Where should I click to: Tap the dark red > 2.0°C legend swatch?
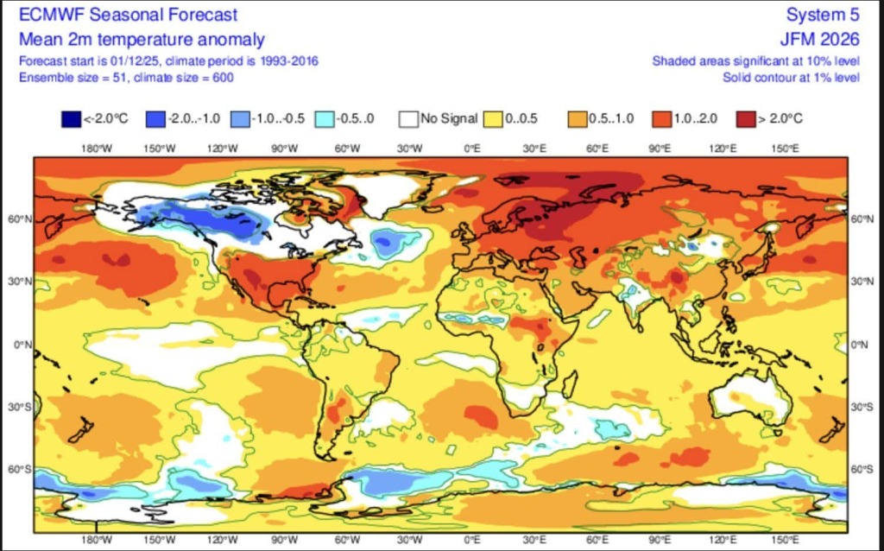[x=746, y=119]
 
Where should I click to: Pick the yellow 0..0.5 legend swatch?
[x=492, y=119]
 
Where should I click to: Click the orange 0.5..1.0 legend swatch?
[x=577, y=119]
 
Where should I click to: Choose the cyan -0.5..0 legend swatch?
[x=324, y=119]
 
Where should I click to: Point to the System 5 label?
[x=823, y=16]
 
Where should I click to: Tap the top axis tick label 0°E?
[x=472, y=149]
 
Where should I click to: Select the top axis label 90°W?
[x=284, y=149]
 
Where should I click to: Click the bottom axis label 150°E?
[x=785, y=540]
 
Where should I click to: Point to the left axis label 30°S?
[x=22, y=407]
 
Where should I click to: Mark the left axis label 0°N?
[x=23, y=345]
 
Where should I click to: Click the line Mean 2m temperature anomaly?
[x=142, y=39]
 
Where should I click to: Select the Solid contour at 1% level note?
[x=791, y=78]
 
